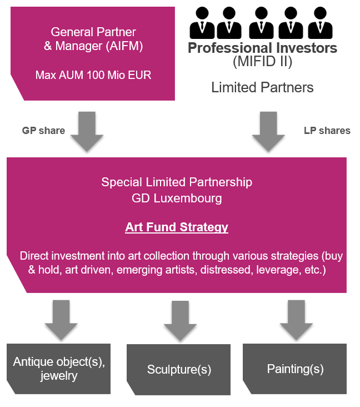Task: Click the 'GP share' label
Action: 43,131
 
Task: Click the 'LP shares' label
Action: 327,131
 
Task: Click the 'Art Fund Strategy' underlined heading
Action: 177,227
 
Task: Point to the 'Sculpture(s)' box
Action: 179,370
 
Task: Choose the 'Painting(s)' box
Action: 295,369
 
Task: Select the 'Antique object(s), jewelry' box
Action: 58,369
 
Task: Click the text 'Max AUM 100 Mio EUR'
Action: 93,75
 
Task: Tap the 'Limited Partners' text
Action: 262,87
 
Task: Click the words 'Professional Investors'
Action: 262,48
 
